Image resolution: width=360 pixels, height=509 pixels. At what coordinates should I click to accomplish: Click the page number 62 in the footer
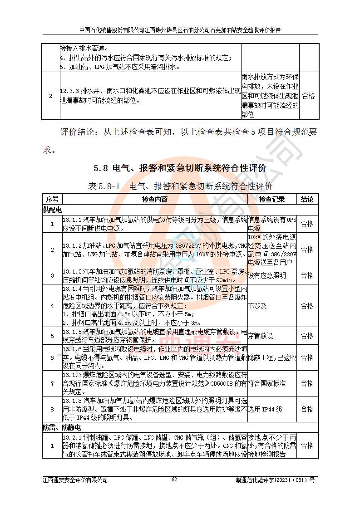[174, 480]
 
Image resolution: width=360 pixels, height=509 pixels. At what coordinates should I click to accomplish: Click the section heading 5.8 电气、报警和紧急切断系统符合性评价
[180, 168]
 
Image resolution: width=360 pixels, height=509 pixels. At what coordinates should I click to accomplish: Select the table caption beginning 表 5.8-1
[180, 186]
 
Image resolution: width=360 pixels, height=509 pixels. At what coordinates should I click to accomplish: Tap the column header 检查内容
[154, 199]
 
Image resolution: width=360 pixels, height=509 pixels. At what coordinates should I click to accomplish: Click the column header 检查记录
[272, 199]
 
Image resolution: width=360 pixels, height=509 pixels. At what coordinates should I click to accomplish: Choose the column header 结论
[307, 199]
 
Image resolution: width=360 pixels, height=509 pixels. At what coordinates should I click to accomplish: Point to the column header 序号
[52, 199]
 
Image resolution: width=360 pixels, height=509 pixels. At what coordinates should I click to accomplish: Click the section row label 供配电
[52, 210]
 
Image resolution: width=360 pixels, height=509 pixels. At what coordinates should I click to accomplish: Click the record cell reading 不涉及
[257, 306]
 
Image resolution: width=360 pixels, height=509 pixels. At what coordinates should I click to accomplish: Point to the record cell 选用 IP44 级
[266, 409]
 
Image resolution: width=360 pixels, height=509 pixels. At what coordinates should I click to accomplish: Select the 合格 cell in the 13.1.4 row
[307, 306]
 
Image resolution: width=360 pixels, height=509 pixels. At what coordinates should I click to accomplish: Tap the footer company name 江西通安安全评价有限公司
[75, 480]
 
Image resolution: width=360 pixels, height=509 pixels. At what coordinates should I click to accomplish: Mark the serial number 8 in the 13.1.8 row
[52, 409]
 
